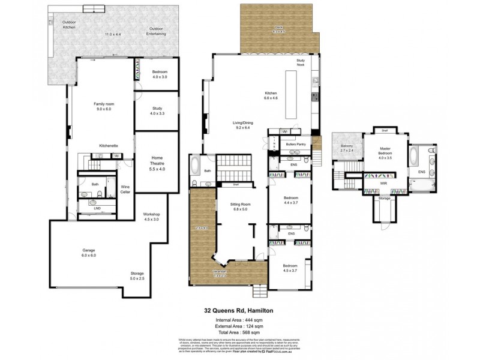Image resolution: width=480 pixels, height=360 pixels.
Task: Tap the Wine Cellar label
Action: click(x=125, y=189)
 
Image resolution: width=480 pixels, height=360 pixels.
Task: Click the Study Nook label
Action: click(x=301, y=62)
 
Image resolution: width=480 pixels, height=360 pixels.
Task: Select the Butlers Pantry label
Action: click(x=296, y=145)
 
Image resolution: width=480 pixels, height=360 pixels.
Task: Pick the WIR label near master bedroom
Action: click(x=383, y=184)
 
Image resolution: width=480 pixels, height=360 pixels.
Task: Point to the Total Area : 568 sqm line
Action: click(x=238, y=332)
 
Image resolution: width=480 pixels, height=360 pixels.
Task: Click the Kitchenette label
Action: click(x=108, y=146)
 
